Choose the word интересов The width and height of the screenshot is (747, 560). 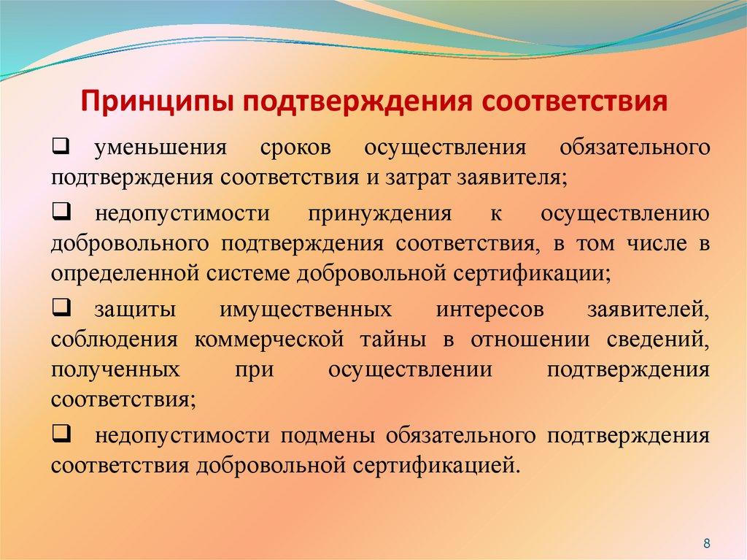point(490,310)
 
